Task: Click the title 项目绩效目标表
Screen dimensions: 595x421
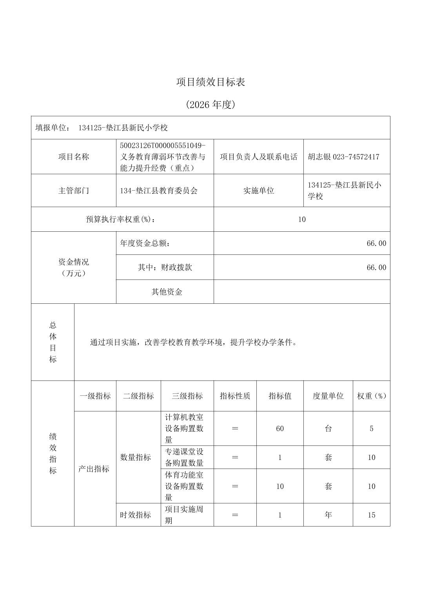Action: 210,82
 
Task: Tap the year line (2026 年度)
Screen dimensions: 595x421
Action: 210,105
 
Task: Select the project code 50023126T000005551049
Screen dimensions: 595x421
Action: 162,146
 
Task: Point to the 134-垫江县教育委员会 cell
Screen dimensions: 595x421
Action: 159,191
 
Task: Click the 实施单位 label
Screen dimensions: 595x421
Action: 258,191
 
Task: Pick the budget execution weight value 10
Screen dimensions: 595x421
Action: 301,220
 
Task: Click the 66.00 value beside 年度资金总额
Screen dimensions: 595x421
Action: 376,243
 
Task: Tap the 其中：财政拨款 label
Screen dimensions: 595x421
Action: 165,268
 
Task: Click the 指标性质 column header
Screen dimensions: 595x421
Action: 235,396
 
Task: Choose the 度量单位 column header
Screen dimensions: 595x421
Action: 328,396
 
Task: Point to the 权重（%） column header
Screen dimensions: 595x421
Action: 371,396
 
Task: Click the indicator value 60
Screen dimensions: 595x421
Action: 279,429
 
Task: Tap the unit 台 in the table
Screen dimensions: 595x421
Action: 328,429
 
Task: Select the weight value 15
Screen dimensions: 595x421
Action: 371,515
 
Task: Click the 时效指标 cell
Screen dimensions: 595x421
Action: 135,515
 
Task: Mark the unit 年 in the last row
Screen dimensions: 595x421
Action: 328,515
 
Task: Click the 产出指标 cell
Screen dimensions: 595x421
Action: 94,469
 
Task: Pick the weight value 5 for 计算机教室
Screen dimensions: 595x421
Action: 371,429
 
